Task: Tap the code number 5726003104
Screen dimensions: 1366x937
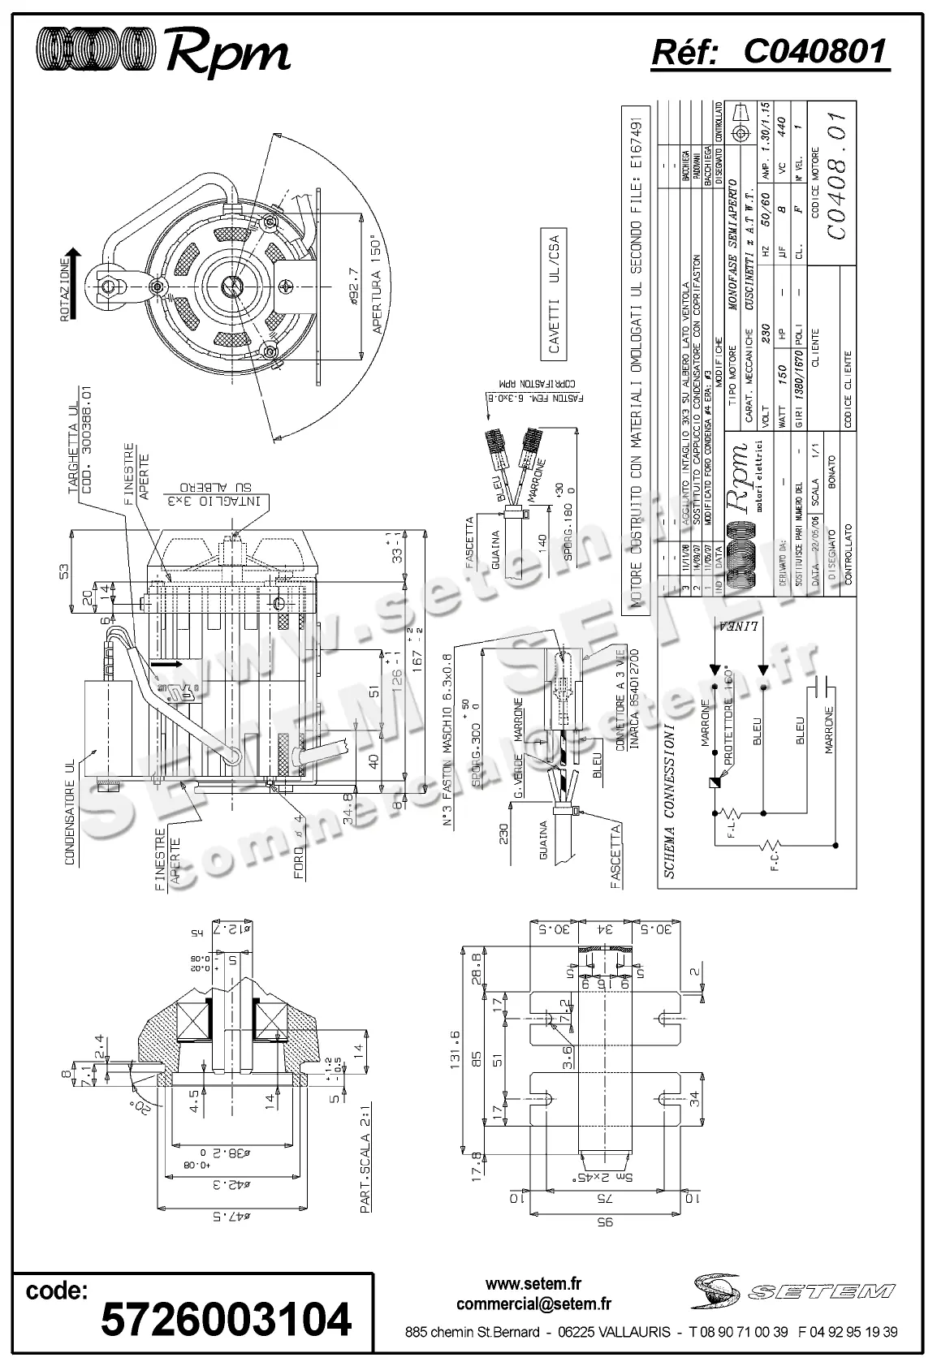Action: pos(226,1318)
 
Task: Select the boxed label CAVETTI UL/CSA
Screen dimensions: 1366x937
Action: pos(555,294)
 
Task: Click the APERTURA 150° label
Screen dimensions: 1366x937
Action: pos(376,286)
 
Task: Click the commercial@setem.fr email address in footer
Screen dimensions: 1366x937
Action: pos(533,1304)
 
